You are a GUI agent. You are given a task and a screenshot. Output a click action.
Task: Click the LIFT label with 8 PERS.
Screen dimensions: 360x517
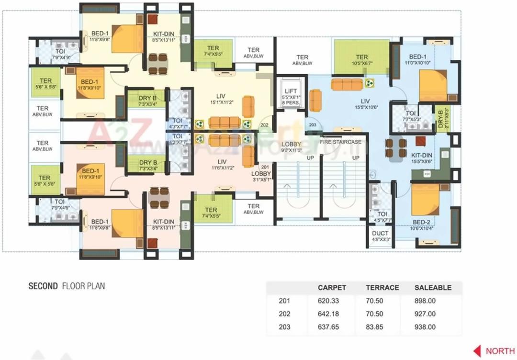(x=291, y=96)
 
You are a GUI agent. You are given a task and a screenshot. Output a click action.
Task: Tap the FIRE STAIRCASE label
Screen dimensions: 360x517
(x=341, y=142)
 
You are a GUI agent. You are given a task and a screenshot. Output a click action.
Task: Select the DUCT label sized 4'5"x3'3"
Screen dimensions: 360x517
(x=380, y=236)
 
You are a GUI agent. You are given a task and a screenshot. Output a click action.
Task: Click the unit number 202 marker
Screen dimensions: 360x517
(x=264, y=125)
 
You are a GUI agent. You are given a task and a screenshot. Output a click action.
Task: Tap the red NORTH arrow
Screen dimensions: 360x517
(x=477, y=350)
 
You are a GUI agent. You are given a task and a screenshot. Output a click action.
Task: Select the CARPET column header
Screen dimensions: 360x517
(x=332, y=288)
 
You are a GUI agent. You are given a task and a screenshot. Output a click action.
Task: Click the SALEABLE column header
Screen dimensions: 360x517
(x=433, y=288)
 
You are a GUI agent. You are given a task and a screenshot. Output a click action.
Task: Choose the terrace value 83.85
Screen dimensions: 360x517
(x=374, y=327)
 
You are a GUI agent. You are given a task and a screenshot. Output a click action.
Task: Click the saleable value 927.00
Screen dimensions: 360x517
(x=425, y=314)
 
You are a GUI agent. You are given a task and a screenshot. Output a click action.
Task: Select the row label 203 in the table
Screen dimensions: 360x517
(x=284, y=327)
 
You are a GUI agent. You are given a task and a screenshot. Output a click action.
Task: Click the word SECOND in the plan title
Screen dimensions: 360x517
(x=43, y=286)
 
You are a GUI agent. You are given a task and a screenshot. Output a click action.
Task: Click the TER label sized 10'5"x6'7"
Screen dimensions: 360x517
(x=362, y=60)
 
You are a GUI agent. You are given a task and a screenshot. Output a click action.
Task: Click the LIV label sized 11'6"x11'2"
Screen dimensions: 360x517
(x=222, y=164)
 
